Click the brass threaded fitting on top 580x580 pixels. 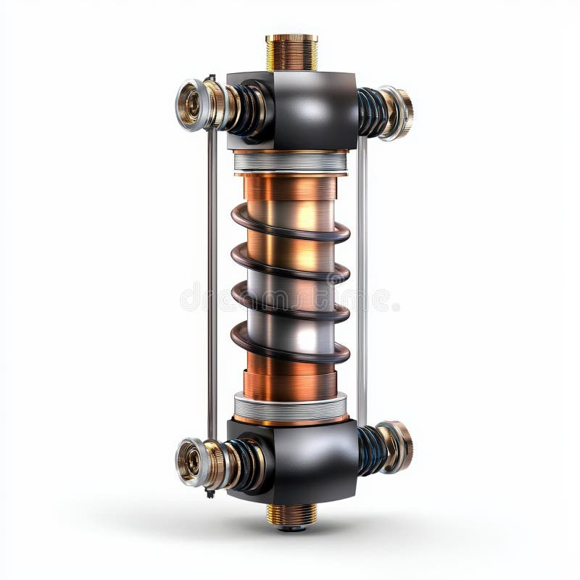pyautogui.click(x=291, y=52)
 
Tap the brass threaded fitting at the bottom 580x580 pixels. pyautogui.click(x=291, y=514)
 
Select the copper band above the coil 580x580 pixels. pyautogui.click(x=290, y=188)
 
